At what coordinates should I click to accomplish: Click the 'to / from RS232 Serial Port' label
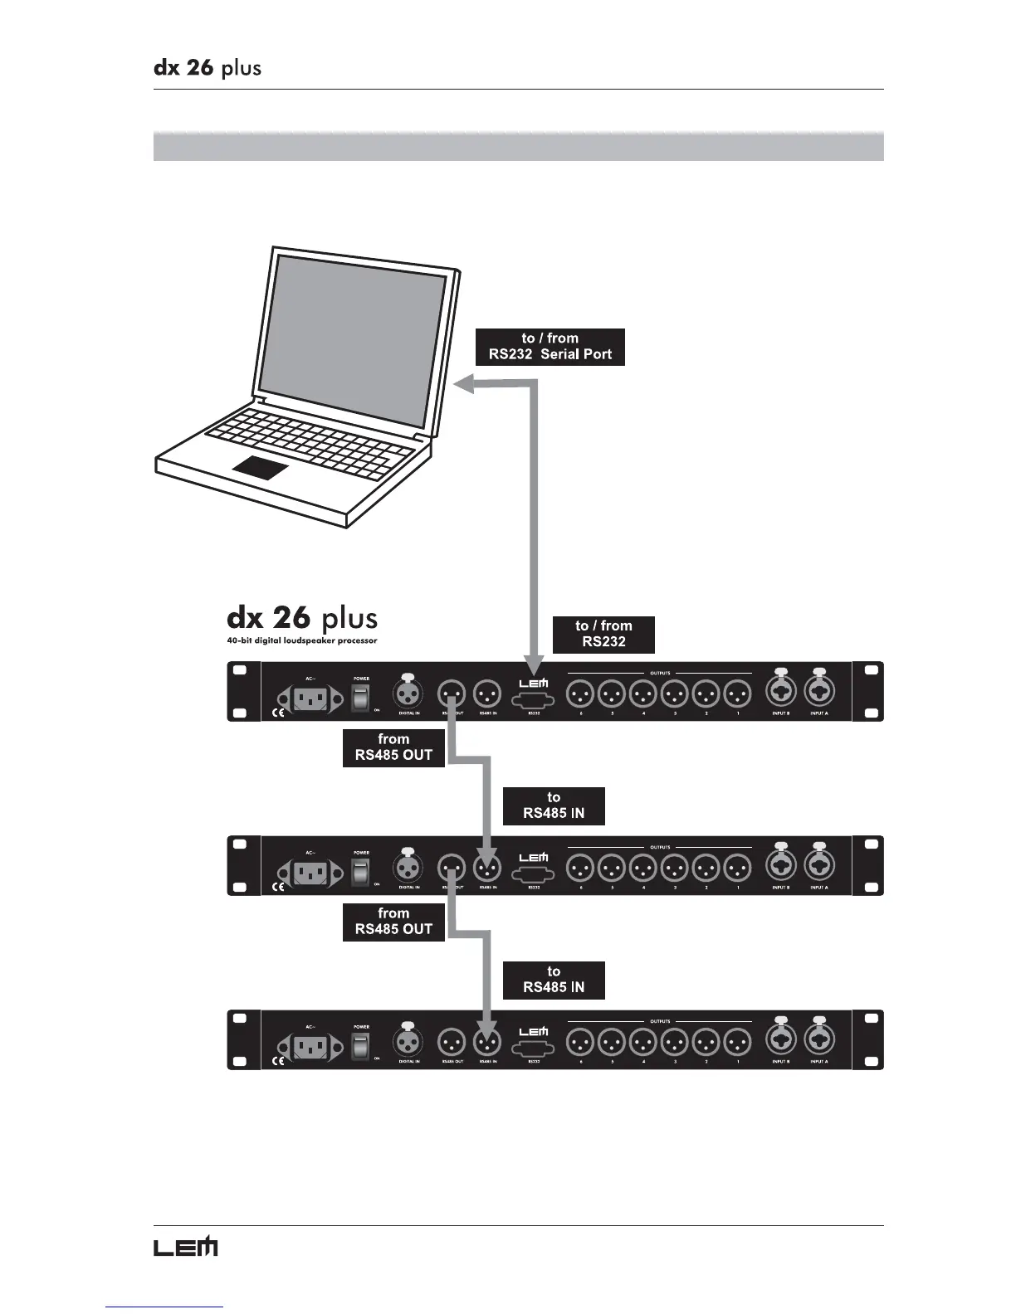point(550,347)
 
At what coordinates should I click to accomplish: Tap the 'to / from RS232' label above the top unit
point(603,635)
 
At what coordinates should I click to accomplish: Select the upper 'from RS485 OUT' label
point(393,747)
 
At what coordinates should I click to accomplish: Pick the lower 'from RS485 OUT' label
point(393,922)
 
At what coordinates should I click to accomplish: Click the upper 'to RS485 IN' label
point(554,805)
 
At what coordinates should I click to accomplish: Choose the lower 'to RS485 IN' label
point(554,980)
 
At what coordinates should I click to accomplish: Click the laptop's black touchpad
point(261,467)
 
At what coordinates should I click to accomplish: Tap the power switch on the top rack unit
point(360,698)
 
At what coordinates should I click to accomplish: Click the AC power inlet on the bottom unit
point(310,1046)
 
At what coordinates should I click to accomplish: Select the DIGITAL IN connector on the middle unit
point(408,868)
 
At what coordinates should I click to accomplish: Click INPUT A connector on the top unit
point(818,692)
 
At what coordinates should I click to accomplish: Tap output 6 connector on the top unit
point(580,693)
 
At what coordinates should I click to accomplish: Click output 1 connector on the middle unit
point(737,867)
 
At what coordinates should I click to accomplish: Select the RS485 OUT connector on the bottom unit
point(452,1041)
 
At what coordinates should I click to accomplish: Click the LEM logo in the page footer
point(185,1246)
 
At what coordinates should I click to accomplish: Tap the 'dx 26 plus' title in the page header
point(208,67)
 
